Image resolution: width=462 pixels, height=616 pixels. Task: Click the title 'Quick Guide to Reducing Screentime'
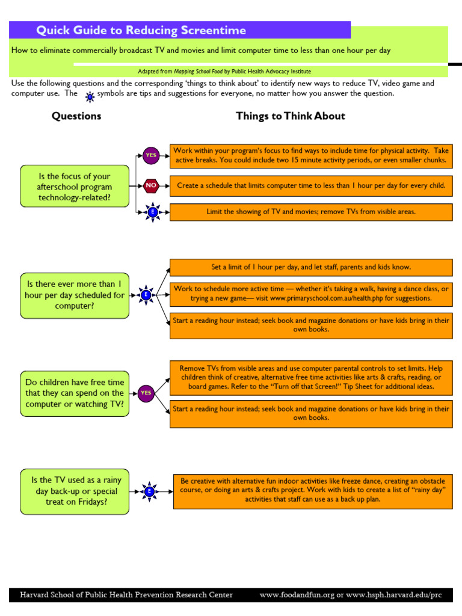tap(141, 31)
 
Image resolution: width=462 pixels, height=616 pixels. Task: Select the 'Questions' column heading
tap(76, 116)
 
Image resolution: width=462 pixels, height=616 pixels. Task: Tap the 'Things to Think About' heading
tap(291, 116)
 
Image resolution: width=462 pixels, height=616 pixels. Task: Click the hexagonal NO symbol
tap(150, 186)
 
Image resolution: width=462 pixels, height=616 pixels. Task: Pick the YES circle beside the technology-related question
tap(150, 155)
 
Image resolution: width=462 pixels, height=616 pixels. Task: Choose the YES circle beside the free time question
tap(146, 393)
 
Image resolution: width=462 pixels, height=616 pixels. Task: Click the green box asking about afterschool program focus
tap(75, 186)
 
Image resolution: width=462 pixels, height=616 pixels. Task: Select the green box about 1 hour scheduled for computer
tap(75, 295)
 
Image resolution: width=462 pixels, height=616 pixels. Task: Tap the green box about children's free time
tap(75, 393)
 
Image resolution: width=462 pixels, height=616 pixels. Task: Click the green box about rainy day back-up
tap(75, 491)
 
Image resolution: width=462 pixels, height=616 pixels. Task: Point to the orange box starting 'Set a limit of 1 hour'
tap(311, 267)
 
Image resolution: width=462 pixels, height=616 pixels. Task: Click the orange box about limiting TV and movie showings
tap(311, 212)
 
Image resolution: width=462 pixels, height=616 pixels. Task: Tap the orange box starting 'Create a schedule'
tap(311, 186)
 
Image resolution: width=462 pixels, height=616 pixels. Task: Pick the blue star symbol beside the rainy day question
tap(149, 491)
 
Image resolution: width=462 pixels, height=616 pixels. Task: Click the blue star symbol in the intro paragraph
tap(90, 96)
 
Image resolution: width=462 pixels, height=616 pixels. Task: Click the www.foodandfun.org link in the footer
tap(296, 595)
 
